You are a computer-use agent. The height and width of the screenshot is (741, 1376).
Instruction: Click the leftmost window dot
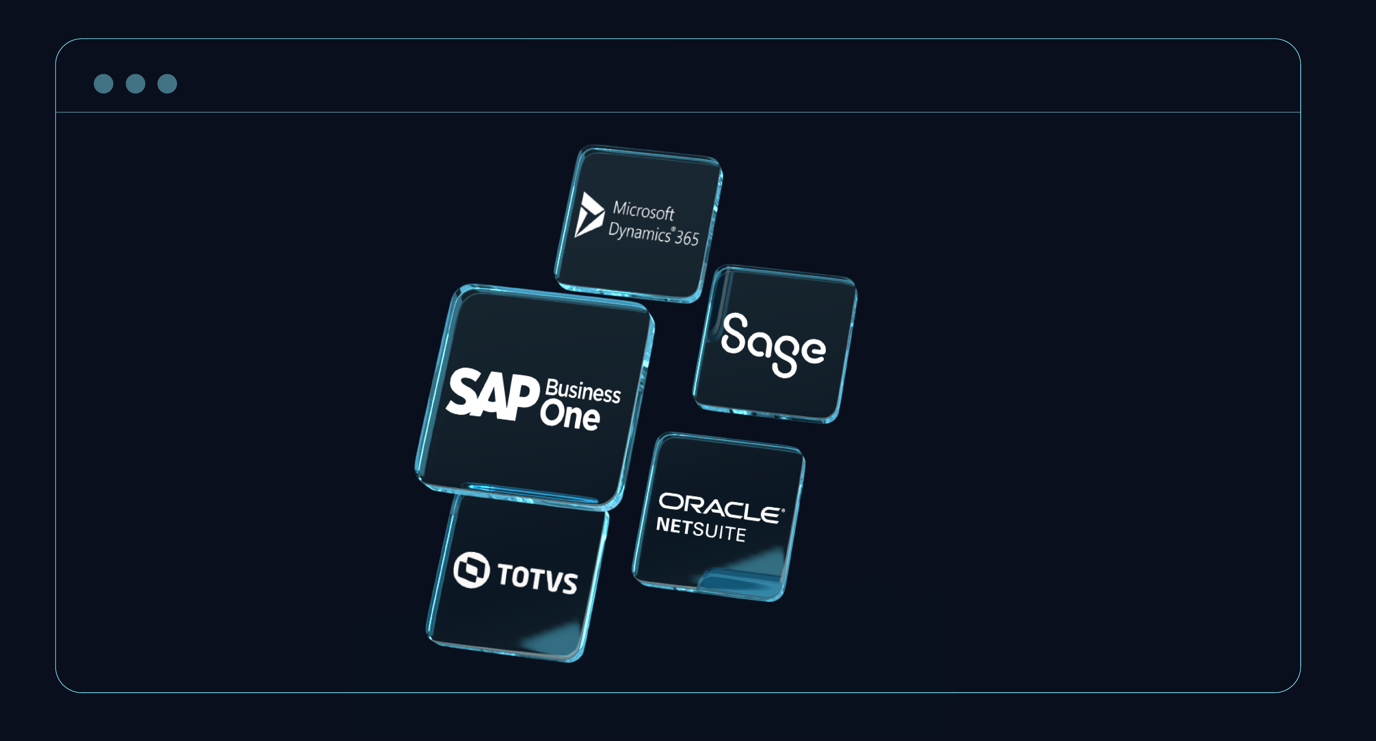pos(104,84)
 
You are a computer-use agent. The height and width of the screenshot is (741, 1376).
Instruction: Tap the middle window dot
pos(136,84)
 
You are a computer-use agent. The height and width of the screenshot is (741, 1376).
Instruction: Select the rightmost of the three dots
pos(167,84)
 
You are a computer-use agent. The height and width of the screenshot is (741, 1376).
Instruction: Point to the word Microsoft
pos(644,211)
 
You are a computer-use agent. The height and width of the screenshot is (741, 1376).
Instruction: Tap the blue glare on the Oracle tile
pos(748,574)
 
